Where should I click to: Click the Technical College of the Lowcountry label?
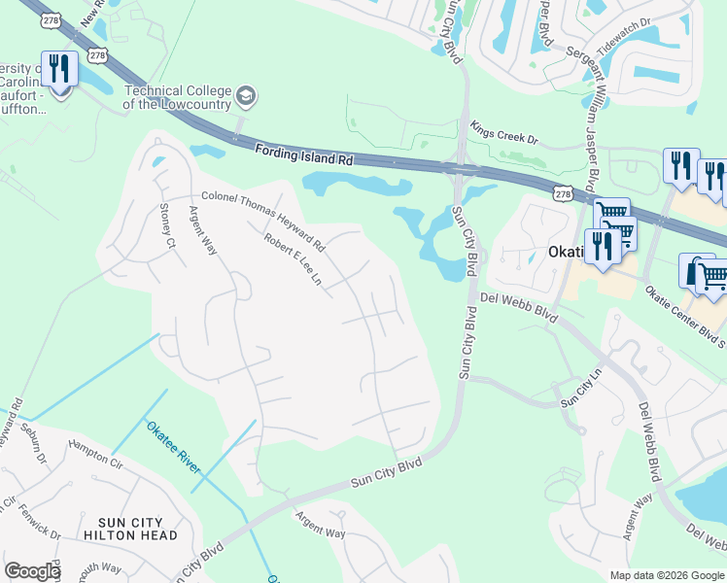[177, 97]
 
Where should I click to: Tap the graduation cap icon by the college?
[246, 95]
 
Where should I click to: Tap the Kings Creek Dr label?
[503, 132]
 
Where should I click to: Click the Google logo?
[32, 571]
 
